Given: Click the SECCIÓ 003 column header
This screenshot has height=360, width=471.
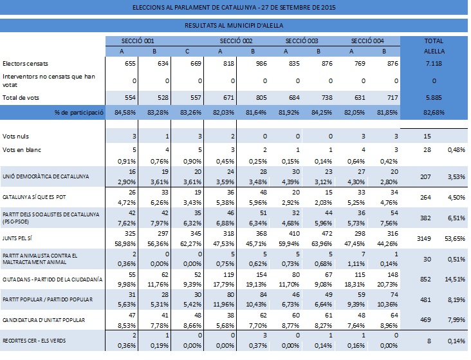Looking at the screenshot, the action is coord(302,41).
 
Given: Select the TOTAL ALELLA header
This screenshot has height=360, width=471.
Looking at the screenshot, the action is coord(434,46).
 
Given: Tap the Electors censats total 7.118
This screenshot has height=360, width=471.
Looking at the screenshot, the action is coord(434,64).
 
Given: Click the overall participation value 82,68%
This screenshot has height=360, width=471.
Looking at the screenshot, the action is coord(434,113).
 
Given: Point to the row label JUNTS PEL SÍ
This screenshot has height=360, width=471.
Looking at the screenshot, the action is coord(17,238).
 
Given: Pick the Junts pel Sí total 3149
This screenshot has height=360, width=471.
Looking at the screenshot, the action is coord(424,239).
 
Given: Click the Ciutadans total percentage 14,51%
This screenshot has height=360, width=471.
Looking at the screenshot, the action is coord(455,279).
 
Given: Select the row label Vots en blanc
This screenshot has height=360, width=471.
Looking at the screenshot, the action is coord(22,150).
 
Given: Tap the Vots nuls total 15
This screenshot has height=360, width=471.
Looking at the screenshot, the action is coord(427,137).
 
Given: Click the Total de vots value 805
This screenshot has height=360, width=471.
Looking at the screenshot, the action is coord(261,98).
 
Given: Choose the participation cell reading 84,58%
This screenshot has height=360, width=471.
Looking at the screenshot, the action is coord(125,113).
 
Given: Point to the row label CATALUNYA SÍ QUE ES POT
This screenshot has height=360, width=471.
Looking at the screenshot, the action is coord(34,197).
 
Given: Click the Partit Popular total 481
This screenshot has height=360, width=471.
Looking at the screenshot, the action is coord(425,300).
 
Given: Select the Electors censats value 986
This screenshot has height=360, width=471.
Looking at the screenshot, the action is coord(261,64).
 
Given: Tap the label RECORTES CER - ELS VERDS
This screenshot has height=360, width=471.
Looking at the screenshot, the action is coord(34,341).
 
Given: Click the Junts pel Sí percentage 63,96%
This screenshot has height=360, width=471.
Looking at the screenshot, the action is coord(322,243).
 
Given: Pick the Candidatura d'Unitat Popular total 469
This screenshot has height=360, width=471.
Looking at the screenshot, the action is coord(425,320).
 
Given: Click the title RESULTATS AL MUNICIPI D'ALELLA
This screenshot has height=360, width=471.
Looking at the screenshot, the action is coord(234,26).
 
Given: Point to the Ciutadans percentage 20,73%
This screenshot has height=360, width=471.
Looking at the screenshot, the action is coord(387,284).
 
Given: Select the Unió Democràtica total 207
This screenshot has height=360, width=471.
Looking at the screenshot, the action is coord(425,177).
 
